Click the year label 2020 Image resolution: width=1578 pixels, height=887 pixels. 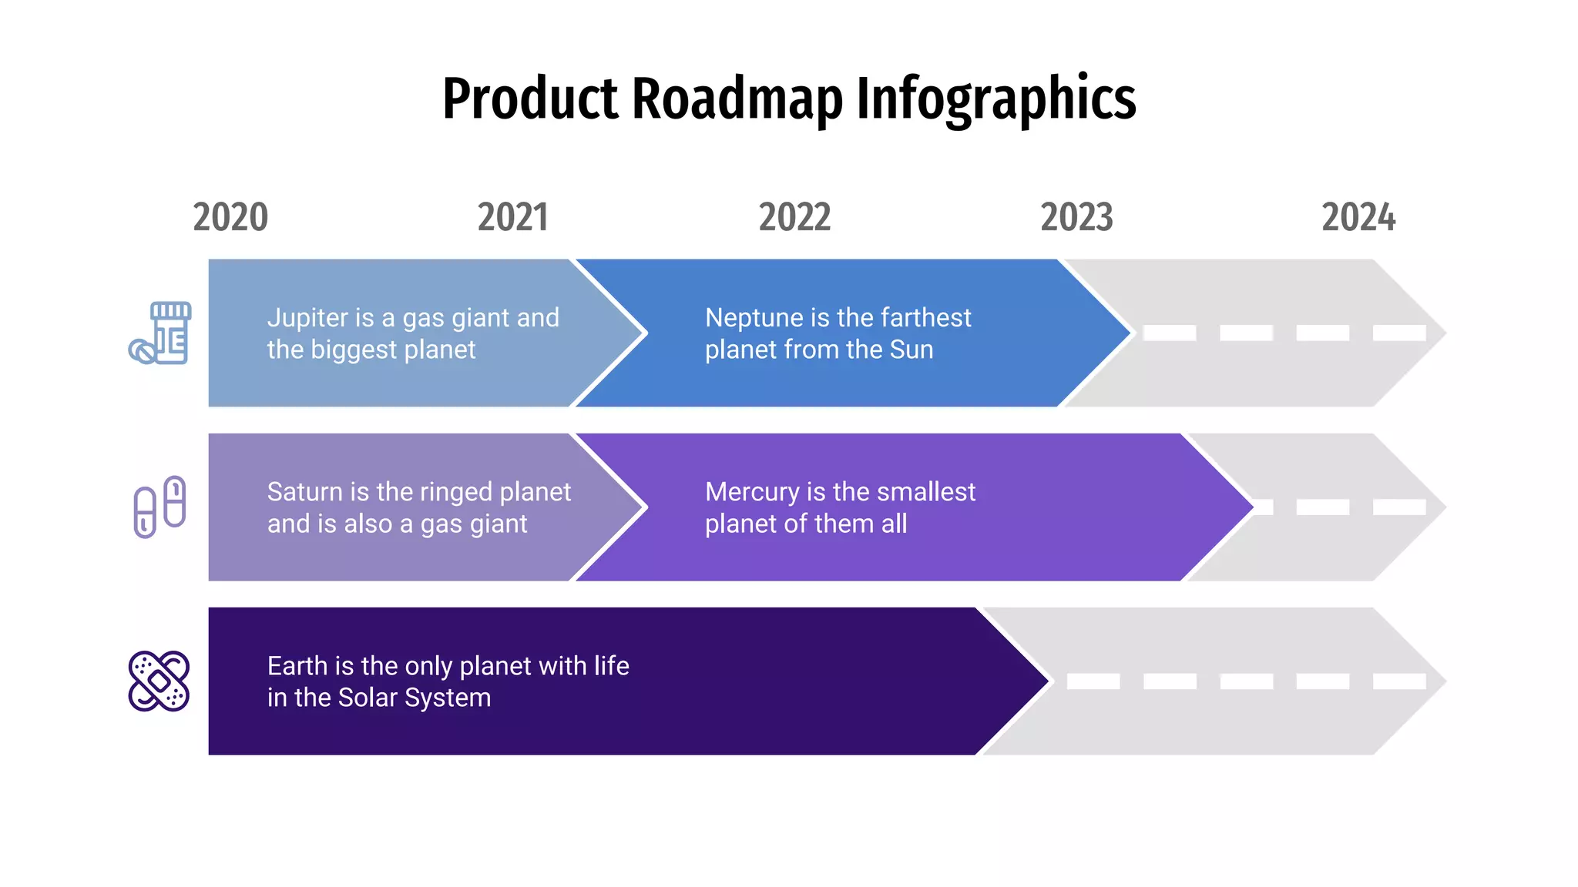click(x=230, y=217)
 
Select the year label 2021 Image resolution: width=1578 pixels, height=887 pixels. click(x=512, y=217)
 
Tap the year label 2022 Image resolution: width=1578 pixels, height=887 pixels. click(x=794, y=217)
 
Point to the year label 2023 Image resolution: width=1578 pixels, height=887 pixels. click(x=1076, y=217)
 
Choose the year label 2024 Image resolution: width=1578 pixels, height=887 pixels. click(x=1358, y=217)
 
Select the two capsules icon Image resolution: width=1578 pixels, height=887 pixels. click(x=160, y=507)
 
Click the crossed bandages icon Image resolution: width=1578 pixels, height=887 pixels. click(x=159, y=681)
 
